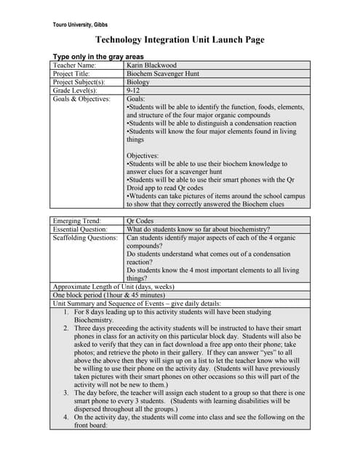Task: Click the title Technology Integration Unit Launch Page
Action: click(x=180, y=40)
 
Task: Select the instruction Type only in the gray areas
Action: click(x=98, y=57)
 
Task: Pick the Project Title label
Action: click(x=71, y=74)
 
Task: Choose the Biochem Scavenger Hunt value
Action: click(x=163, y=74)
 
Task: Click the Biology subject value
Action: click(x=138, y=82)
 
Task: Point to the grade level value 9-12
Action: click(x=135, y=91)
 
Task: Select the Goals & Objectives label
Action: click(x=81, y=99)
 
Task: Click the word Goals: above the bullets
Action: click(x=136, y=99)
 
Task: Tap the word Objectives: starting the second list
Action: click(x=143, y=155)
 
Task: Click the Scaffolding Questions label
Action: click(x=85, y=237)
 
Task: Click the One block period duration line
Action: click(x=109, y=295)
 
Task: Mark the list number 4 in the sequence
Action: click(x=65, y=418)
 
